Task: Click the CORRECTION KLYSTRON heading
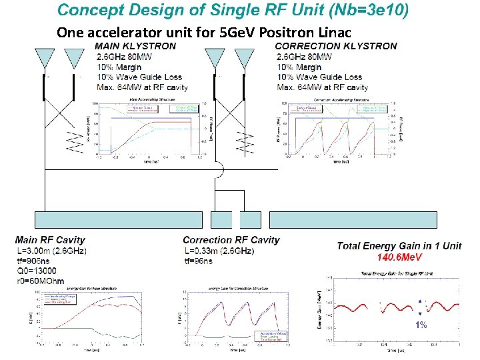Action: click(x=336, y=46)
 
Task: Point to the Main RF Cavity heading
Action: click(x=50, y=240)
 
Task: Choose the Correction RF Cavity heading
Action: click(x=231, y=240)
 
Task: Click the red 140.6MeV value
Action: click(x=399, y=257)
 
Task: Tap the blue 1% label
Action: click(x=421, y=325)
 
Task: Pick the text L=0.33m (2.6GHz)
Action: click(x=219, y=251)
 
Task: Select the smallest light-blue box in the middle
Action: click(x=222, y=220)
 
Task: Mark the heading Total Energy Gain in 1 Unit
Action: click(x=399, y=246)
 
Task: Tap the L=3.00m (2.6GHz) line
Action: click(x=51, y=251)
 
